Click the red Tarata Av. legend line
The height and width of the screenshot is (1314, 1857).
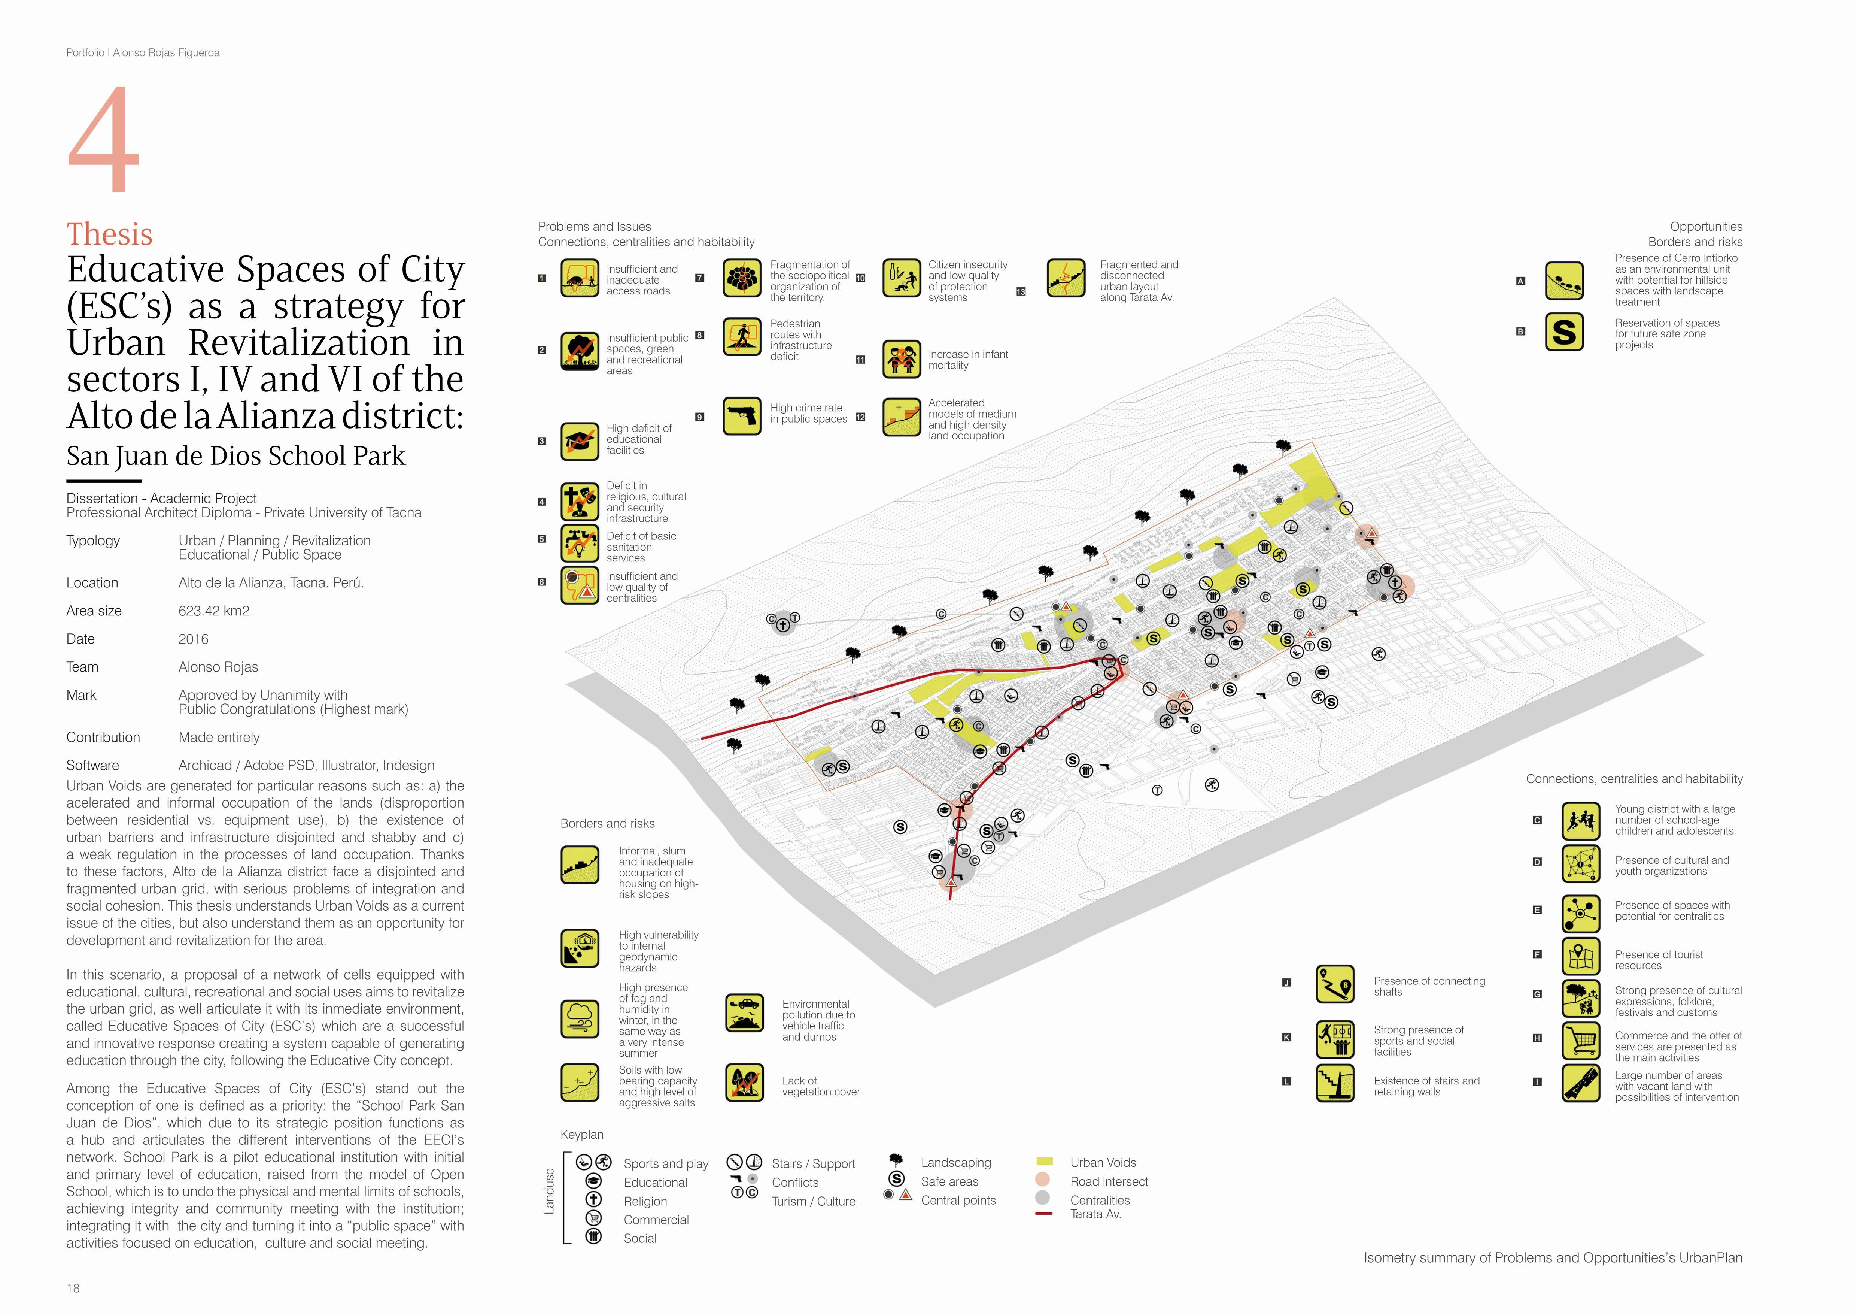[1043, 1214]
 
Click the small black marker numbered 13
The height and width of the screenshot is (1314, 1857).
[1021, 292]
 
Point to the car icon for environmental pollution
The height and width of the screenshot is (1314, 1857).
[744, 1012]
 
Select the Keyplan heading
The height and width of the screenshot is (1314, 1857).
[581, 1134]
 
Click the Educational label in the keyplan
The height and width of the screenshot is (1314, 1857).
[655, 1182]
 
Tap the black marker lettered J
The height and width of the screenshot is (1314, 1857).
[1286, 982]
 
